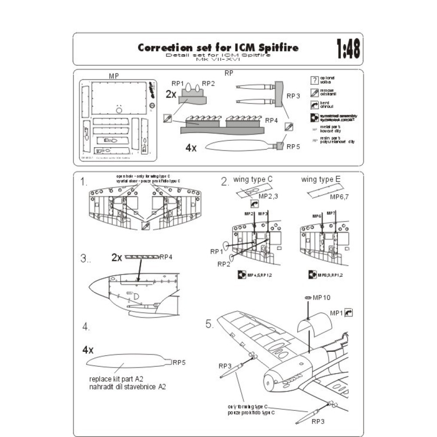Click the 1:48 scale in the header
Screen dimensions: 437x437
pyautogui.click(x=348, y=49)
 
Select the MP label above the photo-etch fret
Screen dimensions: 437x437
pyautogui.click(x=114, y=76)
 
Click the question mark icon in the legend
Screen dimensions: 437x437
pyautogui.click(x=313, y=80)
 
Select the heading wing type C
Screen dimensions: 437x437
pyautogui.click(x=253, y=180)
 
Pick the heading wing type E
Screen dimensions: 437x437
pyautogui.click(x=321, y=180)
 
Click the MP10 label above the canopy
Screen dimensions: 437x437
pyautogui.click(x=321, y=298)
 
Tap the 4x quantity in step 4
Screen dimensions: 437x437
pyautogui.click(x=88, y=350)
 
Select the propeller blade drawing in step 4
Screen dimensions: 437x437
pyautogui.click(x=127, y=362)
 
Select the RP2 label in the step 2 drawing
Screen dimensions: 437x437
pyautogui.click(x=224, y=264)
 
